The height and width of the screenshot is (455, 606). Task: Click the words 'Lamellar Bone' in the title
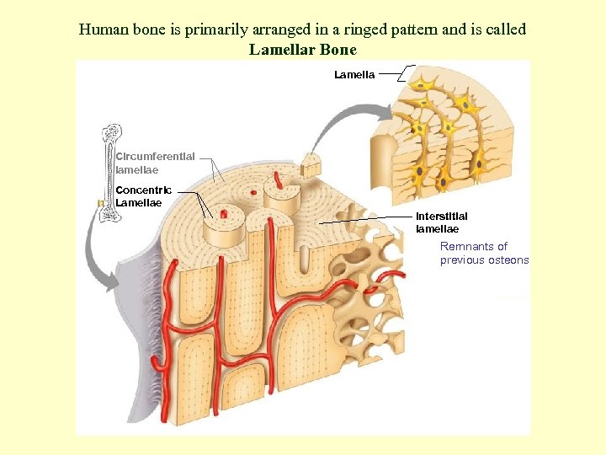(x=302, y=50)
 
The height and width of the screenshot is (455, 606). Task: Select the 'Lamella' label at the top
(x=354, y=75)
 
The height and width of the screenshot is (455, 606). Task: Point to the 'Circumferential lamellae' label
(x=155, y=163)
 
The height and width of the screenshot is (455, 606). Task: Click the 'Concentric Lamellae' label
(x=143, y=195)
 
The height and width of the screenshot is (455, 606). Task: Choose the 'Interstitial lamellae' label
(x=441, y=222)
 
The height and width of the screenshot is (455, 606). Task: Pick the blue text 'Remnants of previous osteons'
(x=484, y=253)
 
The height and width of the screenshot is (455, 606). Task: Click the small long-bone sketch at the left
(x=109, y=173)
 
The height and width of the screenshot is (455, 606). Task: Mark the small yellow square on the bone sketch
(x=100, y=203)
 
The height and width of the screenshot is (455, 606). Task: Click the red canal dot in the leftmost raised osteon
(x=224, y=214)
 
